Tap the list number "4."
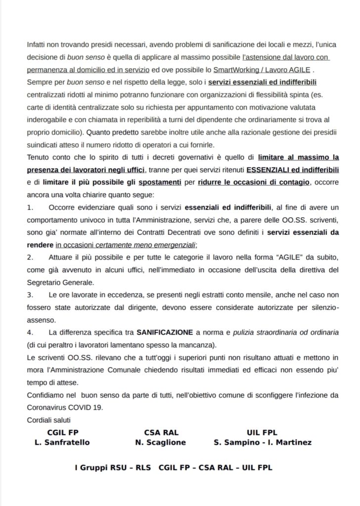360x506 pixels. click(x=31, y=332)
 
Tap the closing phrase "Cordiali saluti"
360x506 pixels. click(x=50, y=420)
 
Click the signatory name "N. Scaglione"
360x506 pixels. click(x=160, y=442)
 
